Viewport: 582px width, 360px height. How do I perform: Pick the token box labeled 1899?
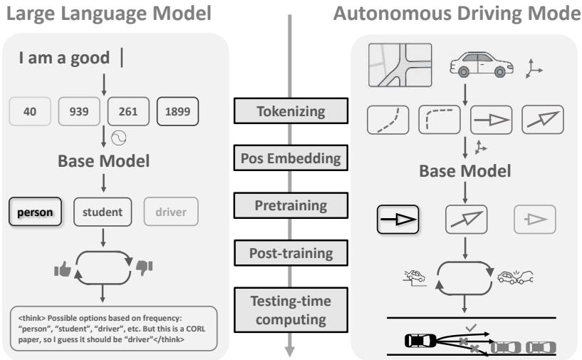[x=177, y=112]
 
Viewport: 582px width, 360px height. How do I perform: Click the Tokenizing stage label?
[x=291, y=111]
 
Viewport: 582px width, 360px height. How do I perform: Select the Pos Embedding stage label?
[x=291, y=158]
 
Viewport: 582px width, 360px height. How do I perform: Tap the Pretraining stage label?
[x=291, y=206]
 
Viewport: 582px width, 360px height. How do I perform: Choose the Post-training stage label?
[x=291, y=252]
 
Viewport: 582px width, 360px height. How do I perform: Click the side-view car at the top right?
[x=480, y=66]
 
